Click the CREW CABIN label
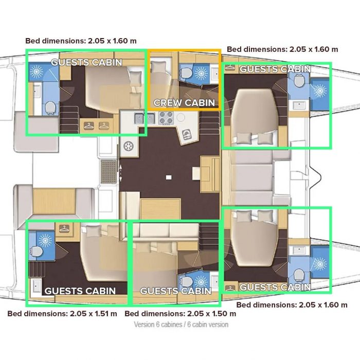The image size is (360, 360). click(x=184, y=103)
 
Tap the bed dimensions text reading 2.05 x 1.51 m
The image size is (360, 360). click(x=94, y=314)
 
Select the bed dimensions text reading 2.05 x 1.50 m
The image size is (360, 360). click(x=212, y=314)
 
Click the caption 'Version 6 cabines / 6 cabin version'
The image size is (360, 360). click(x=181, y=325)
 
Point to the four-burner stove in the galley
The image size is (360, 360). click(x=166, y=118)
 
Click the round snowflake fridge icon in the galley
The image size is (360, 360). click(x=129, y=146)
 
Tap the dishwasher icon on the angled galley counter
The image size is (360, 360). click(x=187, y=135)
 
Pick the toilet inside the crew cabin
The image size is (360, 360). click(x=186, y=73)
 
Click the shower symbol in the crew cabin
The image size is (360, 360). click(x=201, y=73)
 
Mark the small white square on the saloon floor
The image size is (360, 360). click(x=169, y=177)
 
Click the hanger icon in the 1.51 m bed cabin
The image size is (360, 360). click(x=64, y=229)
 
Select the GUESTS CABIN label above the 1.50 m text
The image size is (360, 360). click(x=176, y=291)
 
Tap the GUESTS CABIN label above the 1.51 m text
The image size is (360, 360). click(x=80, y=291)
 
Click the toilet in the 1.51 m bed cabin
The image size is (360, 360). click(x=37, y=251)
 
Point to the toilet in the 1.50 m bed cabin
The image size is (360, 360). click(x=186, y=281)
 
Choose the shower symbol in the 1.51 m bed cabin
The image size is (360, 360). click(x=45, y=240)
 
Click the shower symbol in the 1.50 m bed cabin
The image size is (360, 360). click(x=201, y=281)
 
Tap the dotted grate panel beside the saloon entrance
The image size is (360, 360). click(x=109, y=171)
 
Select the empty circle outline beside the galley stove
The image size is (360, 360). click(x=181, y=117)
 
